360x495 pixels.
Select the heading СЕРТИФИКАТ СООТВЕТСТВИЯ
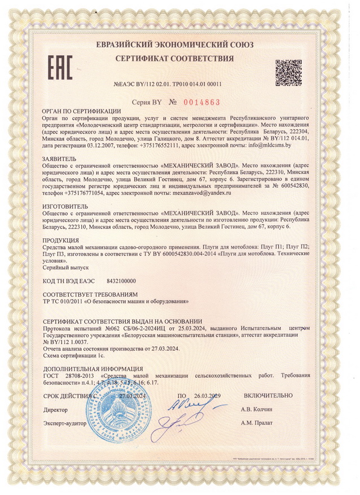click(x=174, y=59)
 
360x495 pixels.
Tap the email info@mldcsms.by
click(x=265, y=145)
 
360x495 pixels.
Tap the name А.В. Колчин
click(x=256, y=409)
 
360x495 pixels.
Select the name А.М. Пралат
click(x=256, y=422)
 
